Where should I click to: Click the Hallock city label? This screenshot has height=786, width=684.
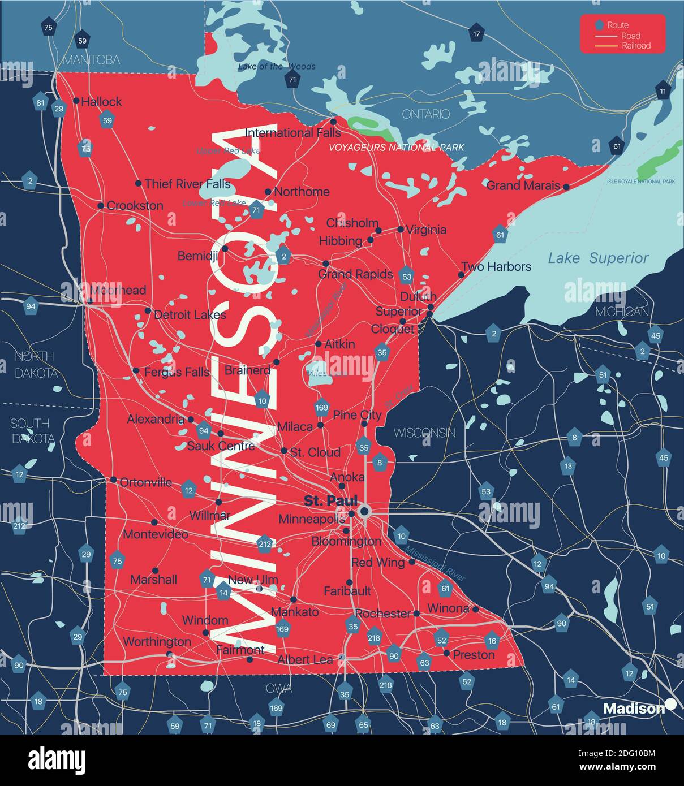tap(101, 102)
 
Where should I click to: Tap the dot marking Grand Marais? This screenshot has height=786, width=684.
tap(566, 186)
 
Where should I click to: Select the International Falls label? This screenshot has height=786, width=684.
tap(292, 133)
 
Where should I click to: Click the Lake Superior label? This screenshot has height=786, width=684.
tap(598, 258)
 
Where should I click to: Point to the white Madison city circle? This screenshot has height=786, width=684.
tap(670, 704)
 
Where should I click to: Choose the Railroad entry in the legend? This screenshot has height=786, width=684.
tap(636, 46)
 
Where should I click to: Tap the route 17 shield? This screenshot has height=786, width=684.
tap(476, 34)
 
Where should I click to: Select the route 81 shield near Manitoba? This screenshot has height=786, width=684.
tap(40, 103)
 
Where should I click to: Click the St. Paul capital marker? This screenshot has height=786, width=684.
tap(364, 512)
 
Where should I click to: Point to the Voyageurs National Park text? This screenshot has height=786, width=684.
tap(397, 148)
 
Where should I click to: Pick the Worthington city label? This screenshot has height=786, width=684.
tap(157, 642)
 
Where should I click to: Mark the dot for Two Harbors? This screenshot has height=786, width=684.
tap(461, 275)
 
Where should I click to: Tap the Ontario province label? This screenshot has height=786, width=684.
tap(425, 114)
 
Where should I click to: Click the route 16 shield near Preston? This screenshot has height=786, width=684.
tap(492, 641)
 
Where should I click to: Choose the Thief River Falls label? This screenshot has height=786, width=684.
tap(187, 184)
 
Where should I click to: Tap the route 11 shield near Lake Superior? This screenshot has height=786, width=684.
tap(663, 90)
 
